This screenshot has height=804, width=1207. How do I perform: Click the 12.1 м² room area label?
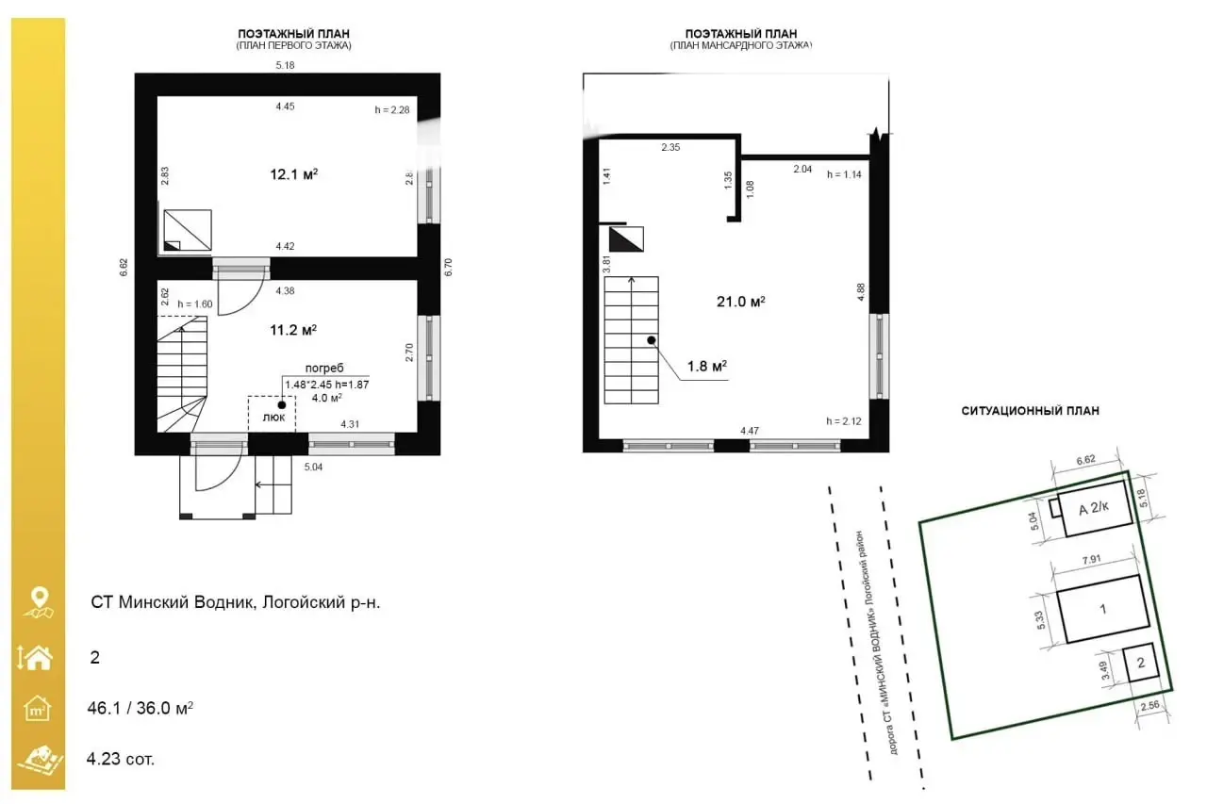[x=294, y=173]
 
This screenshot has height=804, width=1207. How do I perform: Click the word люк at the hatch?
[x=273, y=418]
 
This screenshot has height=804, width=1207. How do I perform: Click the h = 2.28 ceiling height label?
[x=392, y=110]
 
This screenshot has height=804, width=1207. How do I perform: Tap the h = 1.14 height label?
[x=844, y=174]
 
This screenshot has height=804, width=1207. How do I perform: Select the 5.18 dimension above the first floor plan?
[x=286, y=64]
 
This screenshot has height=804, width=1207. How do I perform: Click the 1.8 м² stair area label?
[x=706, y=366]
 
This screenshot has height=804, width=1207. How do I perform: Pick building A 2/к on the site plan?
[x=1094, y=509]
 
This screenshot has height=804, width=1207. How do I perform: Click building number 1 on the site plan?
[x=1102, y=609]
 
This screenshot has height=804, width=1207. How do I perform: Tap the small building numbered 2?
[x=1140, y=663]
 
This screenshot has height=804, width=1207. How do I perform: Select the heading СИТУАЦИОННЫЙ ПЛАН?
[x=1030, y=411]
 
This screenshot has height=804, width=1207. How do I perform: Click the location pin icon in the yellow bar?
[x=39, y=599]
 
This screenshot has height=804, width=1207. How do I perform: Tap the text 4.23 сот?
[x=120, y=758]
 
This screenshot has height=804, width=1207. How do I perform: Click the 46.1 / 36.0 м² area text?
[x=141, y=707]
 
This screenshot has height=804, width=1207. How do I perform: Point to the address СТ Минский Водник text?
[x=235, y=602]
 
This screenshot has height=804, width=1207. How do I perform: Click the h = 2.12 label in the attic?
[x=843, y=421]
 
